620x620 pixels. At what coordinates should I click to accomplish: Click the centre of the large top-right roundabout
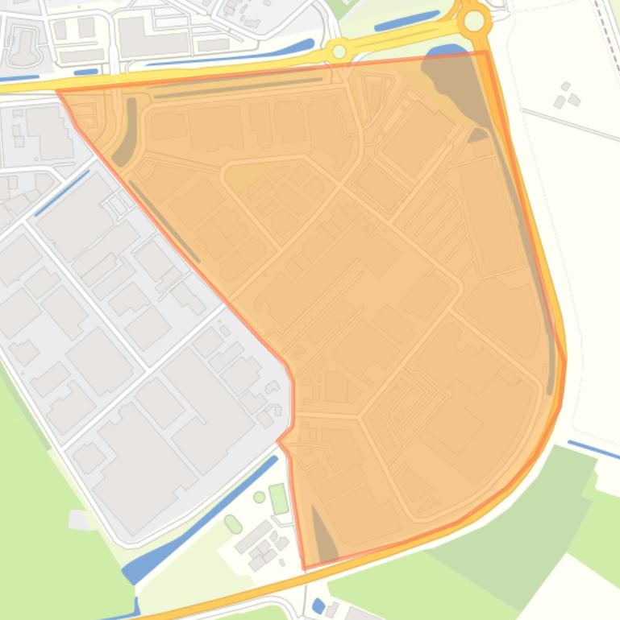tap(475, 21)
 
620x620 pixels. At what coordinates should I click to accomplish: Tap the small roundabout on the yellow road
tap(339, 52)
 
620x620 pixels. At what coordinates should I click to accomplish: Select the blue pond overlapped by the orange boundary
tap(439, 55)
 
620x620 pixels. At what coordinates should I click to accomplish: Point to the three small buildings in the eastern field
tap(566, 95)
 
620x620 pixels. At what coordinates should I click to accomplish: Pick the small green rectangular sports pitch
tap(278, 498)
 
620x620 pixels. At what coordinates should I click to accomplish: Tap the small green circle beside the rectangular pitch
tap(259, 497)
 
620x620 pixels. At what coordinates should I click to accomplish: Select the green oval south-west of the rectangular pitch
tap(233, 524)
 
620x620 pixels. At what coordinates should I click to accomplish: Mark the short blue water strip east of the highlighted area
tap(593, 449)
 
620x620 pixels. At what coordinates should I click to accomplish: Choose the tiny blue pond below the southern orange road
tap(318, 606)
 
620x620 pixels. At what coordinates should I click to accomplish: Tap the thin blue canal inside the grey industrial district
tap(61, 193)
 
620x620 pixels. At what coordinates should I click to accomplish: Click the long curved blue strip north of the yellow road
tap(234, 54)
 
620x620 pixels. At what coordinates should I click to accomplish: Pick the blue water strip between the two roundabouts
tap(406, 22)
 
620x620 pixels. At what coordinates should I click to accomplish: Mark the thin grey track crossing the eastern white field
tap(569, 124)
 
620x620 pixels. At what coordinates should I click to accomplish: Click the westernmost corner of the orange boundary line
tap(59, 92)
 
